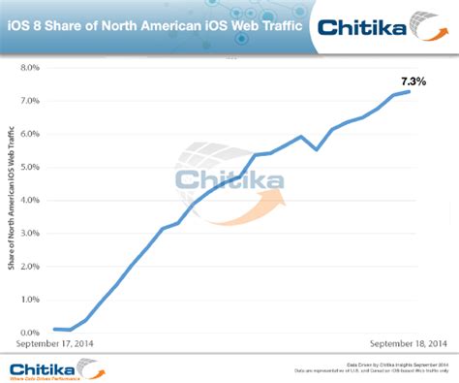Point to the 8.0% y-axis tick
pyautogui.click(x=28, y=69)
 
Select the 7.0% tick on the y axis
pyautogui.click(x=28, y=102)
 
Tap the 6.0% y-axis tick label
pyautogui.click(x=28, y=135)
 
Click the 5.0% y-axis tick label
pyautogui.click(x=28, y=168)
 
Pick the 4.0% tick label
pyautogui.click(x=28, y=201)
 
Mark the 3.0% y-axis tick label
pyautogui.click(x=28, y=234)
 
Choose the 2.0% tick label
pyautogui.click(x=28, y=267)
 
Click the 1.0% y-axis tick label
pyautogui.click(x=28, y=300)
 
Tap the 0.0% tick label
pyautogui.click(x=28, y=333)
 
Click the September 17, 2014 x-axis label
pyautogui.click(x=54, y=344)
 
